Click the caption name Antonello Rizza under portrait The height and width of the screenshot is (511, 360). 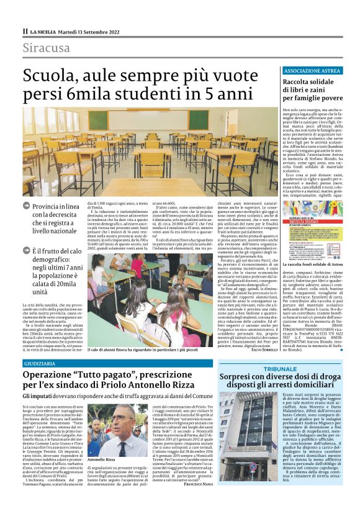click(103, 460)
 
